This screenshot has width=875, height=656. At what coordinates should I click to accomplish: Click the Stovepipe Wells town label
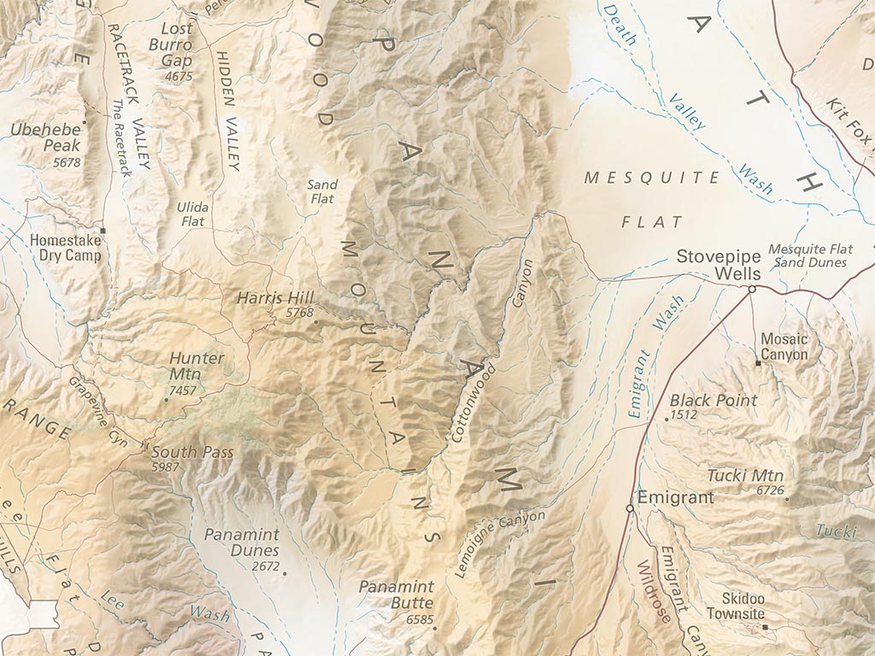pos(713,263)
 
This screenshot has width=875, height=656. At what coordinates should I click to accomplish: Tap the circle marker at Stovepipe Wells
pos(751,290)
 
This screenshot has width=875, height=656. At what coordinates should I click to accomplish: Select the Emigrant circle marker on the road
pos(630,508)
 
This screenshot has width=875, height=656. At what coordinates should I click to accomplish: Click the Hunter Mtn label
pos(197,366)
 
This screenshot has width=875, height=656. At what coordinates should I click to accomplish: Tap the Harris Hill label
pos(276,298)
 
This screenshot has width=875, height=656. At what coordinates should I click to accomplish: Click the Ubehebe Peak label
pos(48,138)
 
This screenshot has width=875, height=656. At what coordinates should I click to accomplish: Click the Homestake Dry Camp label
pos(65,248)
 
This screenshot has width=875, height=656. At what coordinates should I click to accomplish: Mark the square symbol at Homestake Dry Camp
pos(103,231)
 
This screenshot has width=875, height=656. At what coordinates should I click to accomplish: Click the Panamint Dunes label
pos(242,542)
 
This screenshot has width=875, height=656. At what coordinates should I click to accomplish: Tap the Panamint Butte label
pos(396,594)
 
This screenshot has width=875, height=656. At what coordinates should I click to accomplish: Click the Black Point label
pos(713,400)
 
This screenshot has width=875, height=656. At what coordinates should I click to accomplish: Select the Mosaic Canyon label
pos(784,346)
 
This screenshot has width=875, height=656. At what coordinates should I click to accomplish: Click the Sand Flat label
pos(322,191)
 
